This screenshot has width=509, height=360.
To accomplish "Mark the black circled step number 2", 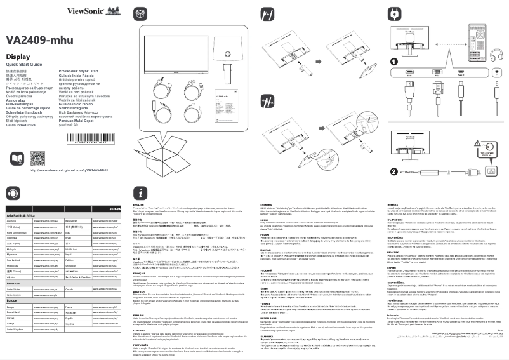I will pos(393,153).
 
